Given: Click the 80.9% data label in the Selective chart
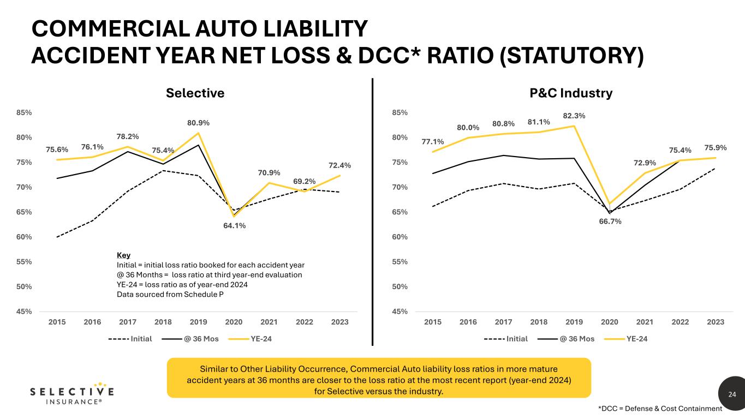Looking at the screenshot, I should click(198, 123).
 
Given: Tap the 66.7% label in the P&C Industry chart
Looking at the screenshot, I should click(609, 222).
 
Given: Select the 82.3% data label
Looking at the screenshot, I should click(574, 116).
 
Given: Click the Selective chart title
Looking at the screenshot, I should click(195, 93).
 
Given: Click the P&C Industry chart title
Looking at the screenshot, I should click(571, 93).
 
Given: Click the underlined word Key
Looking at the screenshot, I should click(124, 255).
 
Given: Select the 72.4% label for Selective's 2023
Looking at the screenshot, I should click(339, 165).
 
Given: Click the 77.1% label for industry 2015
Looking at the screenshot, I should click(432, 142).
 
